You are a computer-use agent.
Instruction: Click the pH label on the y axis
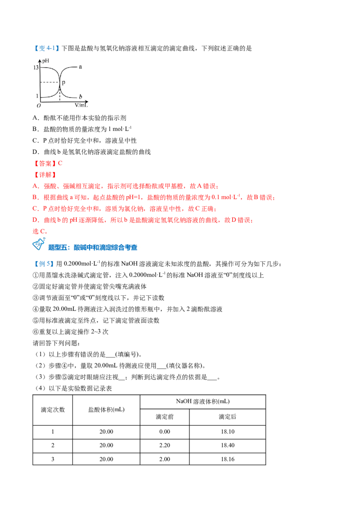45,61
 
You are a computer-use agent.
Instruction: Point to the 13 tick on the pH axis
36,67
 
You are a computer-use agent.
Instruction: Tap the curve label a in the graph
80,67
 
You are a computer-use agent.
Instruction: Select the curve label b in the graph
80,96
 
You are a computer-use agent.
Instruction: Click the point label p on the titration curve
63,82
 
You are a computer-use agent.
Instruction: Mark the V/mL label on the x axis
81,105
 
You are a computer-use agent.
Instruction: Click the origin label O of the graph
39,106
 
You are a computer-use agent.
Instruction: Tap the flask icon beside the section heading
39,244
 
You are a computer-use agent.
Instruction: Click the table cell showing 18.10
227,432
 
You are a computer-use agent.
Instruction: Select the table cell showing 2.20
165,445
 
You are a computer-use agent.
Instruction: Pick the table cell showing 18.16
227,460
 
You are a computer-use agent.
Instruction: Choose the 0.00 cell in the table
165,432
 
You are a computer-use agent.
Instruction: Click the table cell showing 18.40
227,445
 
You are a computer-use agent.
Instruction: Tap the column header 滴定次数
53,410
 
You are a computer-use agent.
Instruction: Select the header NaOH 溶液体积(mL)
203,402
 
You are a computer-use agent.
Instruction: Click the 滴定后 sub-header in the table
227,417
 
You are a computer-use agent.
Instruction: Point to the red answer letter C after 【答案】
60,163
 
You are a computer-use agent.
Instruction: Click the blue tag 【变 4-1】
47,49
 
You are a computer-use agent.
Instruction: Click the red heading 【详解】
45,174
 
